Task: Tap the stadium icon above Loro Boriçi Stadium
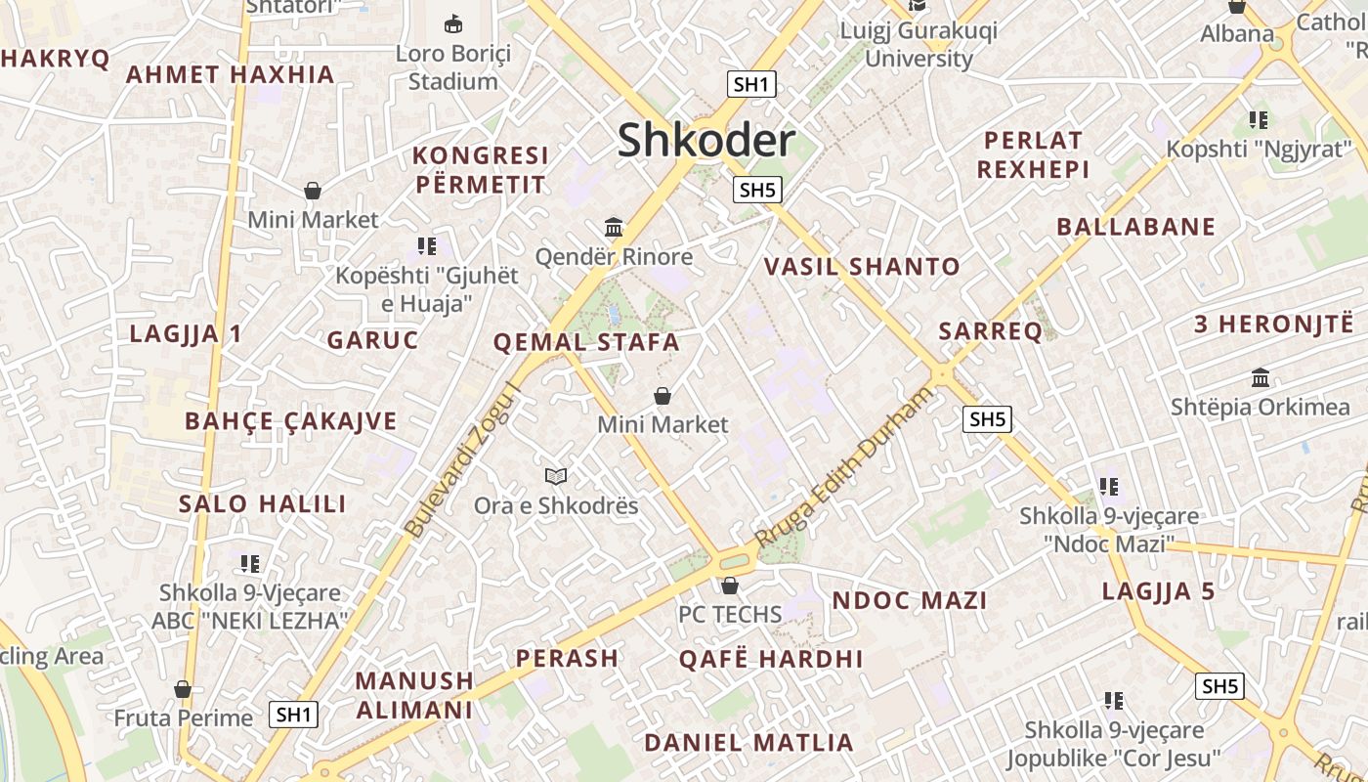(x=453, y=23)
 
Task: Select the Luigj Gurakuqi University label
(x=919, y=45)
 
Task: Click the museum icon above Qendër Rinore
(x=614, y=228)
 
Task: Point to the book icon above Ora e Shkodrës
(x=556, y=476)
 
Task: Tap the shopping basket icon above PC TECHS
(x=730, y=586)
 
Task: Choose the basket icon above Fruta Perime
(x=183, y=689)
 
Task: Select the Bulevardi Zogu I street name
(x=464, y=459)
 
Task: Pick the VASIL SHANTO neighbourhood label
(x=862, y=266)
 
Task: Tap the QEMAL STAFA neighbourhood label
(x=586, y=342)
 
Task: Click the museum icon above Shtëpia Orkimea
(x=1261, y=377)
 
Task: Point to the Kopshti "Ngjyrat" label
(x=1260, y=150)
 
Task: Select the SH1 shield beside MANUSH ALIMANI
(x=294, y=715)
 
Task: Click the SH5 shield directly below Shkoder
(x=757, y=190)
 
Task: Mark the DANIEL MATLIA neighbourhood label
(x=748, y=742)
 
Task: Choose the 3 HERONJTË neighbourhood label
(x=1273, y=325)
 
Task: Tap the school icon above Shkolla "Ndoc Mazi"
(x=1108, y=486)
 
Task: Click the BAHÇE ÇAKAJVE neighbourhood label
(x=291, y=421)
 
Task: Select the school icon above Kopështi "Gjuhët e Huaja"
(x=426, y=245)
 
